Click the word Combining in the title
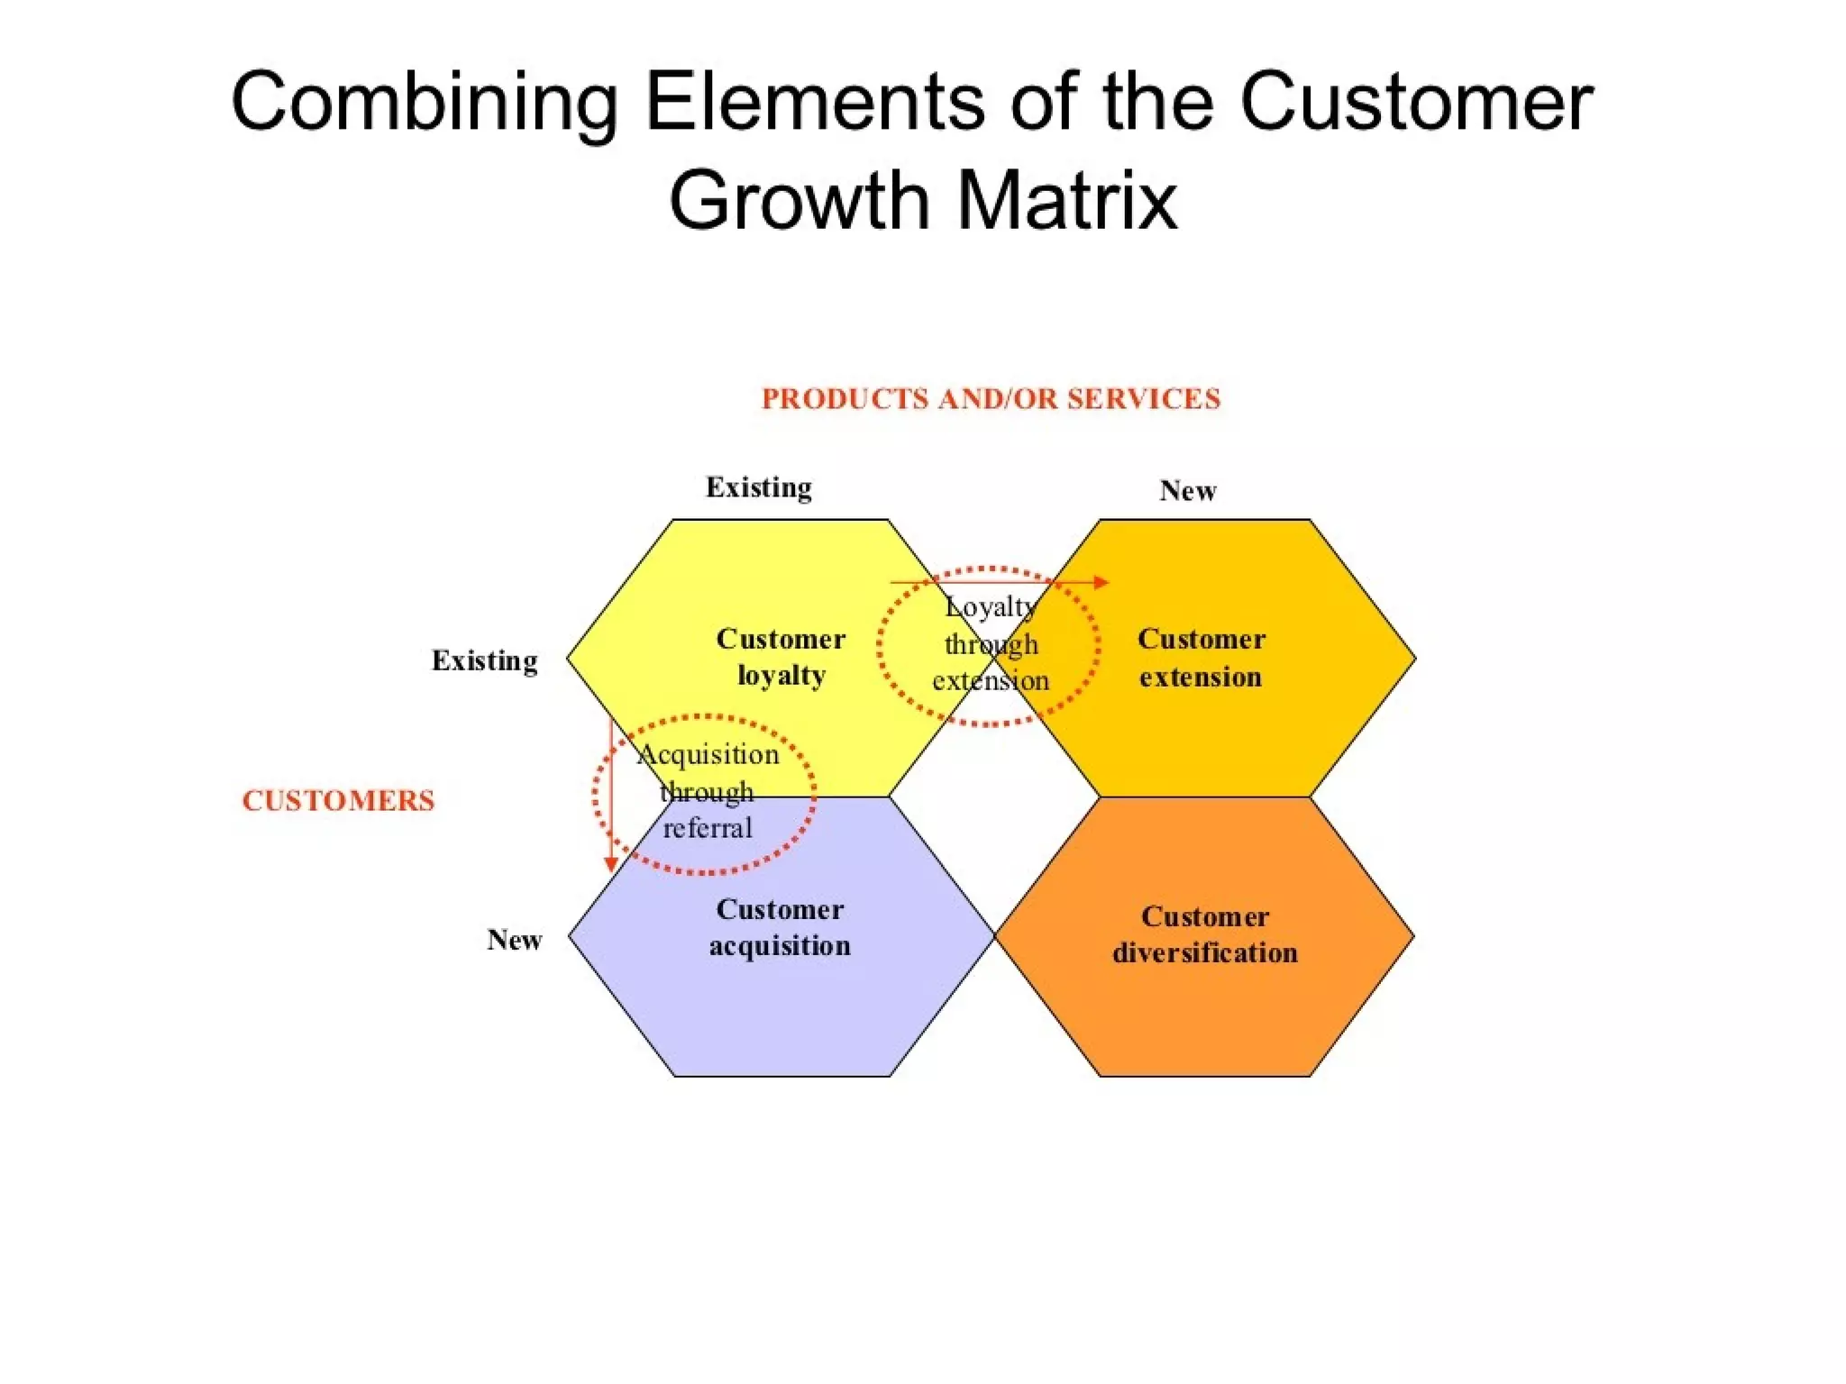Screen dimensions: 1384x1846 [x=425, y=102]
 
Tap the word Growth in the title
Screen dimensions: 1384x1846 [x=799, y=200]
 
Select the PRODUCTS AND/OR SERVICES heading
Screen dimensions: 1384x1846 [x=991, y=399]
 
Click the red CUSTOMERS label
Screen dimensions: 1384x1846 [x=338, y=800]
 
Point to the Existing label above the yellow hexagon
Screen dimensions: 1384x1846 [x=758, y=487]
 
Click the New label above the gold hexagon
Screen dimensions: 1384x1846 [x=1187, y=491]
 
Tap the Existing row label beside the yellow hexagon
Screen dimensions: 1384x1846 [x=484, y=660]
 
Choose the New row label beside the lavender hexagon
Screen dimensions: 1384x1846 [x=514, y=940]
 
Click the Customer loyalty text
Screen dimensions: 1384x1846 [x=781, y=657]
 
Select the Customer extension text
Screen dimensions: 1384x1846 [x=1201, y=658]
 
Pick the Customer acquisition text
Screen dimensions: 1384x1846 [x=780, y=927]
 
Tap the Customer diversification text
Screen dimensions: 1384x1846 [x=1204, y=934]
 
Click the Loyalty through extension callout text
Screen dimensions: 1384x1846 [x=991, y=644]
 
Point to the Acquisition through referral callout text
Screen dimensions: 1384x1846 [x=708, y=791]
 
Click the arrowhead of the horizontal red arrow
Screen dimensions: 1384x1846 [x=1101, y=582]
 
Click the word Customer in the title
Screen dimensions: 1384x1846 [x=1416, y=102]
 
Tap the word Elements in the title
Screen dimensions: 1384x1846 [x=815, y=102]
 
